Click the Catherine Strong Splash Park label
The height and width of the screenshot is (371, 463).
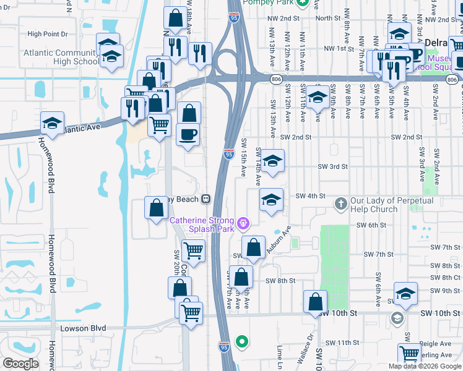point(201,224)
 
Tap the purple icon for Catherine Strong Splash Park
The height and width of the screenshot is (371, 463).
point(243,222)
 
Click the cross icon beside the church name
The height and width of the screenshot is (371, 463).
point(340,203)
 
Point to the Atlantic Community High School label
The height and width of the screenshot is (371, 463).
point(61,57)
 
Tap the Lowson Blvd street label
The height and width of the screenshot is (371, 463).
point(84,328)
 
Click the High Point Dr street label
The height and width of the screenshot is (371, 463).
point(47,34)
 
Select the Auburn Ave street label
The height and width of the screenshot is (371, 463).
point(278,242)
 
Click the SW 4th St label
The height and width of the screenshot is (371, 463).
point(310,196)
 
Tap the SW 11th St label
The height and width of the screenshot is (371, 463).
point(342,343)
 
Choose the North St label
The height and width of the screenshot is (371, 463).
point(328,19)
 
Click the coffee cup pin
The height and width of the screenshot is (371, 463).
point(188,134)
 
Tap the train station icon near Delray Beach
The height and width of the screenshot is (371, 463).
point(204,199)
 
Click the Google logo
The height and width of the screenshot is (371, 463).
point(20,364)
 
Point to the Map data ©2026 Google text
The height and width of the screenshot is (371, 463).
point(425,366)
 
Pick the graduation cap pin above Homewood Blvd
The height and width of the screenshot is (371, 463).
point(52,123)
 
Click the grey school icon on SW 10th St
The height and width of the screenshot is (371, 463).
point(397,318)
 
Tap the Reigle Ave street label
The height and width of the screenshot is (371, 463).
point(436,343)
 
